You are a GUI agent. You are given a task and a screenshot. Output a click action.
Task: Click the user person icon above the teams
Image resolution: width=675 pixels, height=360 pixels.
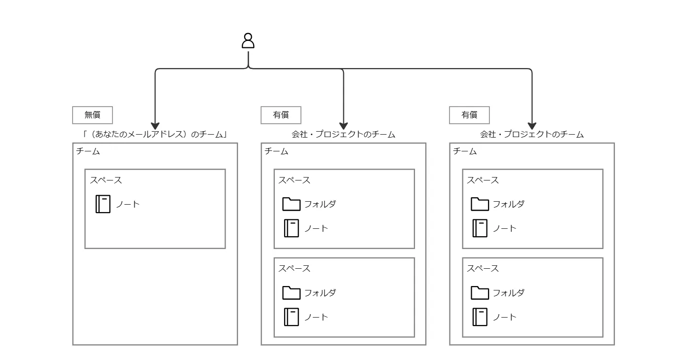pos(248,40)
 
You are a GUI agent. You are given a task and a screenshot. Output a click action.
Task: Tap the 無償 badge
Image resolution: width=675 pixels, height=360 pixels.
pos(92,115)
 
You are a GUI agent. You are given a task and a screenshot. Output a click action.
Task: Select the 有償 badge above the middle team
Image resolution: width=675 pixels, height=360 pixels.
pos(281,115)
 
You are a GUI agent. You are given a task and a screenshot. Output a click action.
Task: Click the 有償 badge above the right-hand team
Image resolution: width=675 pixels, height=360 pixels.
pos(469,115)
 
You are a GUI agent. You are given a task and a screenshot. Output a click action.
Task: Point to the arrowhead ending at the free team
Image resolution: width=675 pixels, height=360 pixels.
pos(155,126)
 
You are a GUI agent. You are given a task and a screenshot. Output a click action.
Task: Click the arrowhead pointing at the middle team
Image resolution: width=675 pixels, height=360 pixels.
pos(343,126)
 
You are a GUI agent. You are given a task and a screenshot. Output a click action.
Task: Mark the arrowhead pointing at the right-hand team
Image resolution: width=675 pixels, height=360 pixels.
pos(532,126)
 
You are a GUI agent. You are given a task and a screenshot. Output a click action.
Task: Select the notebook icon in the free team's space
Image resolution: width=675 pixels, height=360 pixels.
pos(103,204)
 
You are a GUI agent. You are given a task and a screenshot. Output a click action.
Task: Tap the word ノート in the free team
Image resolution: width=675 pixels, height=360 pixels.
pos(128,204)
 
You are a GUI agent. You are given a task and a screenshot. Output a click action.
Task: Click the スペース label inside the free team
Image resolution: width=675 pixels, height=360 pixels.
pos(106,180)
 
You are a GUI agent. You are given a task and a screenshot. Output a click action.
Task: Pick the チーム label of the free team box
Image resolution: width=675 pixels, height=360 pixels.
pos(88,151)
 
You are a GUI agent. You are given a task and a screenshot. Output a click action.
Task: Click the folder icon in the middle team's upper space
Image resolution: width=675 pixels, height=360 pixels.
pos(291,204)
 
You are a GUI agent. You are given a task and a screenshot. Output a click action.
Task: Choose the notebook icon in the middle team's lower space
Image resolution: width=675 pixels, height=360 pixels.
pos(292,317)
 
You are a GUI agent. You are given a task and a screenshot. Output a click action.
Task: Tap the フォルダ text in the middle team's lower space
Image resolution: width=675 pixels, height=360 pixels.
pos(320,292)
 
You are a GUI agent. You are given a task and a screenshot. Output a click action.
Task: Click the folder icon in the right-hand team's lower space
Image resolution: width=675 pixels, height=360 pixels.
pos(480,292)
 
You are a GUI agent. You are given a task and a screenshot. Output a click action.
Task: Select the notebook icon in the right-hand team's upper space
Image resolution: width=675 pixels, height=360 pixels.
pos(480,228)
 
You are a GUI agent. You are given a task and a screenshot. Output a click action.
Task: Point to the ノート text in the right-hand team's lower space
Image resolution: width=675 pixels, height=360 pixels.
pos(505,317)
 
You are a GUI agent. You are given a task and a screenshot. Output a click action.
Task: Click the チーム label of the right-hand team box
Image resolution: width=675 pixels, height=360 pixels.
pos(465,151)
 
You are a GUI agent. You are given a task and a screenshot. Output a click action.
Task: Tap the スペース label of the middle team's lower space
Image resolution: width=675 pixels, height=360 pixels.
pos(294,268)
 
